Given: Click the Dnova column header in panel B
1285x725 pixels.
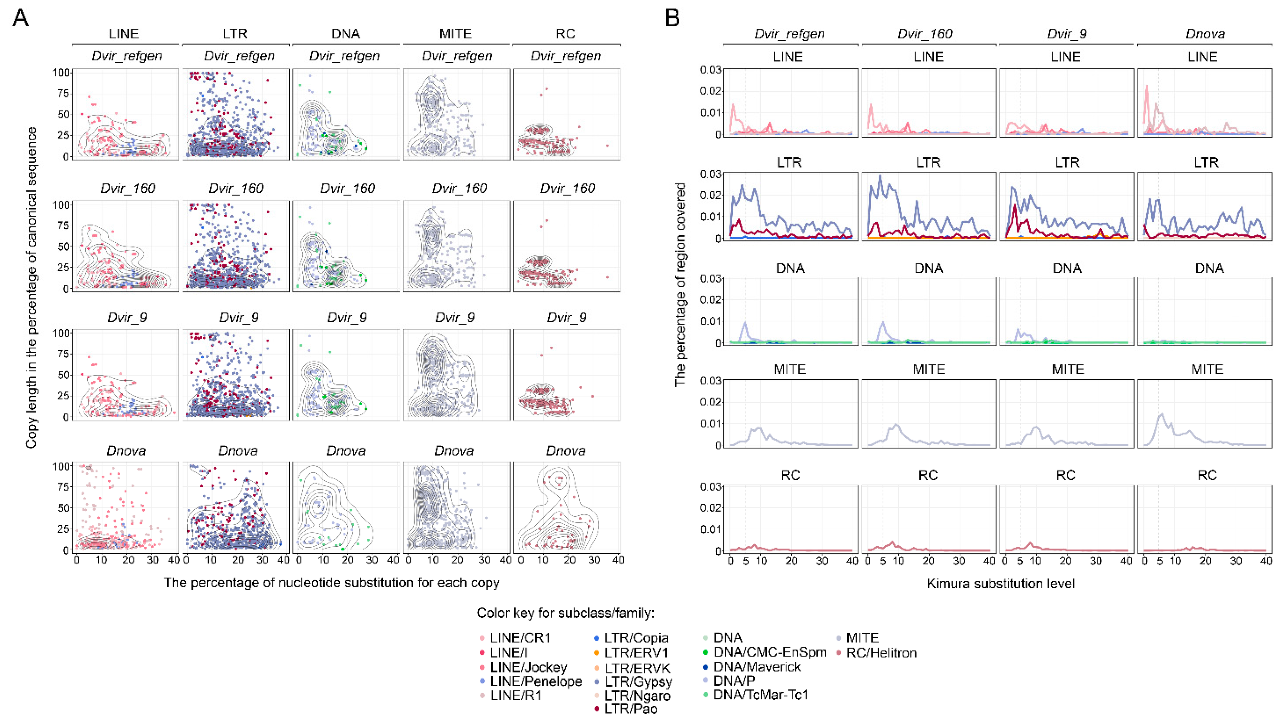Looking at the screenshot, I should point(1205,34).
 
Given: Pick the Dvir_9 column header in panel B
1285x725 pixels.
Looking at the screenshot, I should point(1066,34).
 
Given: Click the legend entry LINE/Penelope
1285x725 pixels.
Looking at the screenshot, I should point(535,681).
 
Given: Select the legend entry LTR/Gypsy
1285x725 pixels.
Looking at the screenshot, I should point(638,681).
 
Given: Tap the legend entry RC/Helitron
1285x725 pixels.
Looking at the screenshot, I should point(881,653).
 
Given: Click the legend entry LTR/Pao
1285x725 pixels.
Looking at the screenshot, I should point(631,709).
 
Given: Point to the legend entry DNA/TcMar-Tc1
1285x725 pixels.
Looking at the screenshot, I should point(760,695).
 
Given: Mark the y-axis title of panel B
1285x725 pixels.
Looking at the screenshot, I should point(680,284).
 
